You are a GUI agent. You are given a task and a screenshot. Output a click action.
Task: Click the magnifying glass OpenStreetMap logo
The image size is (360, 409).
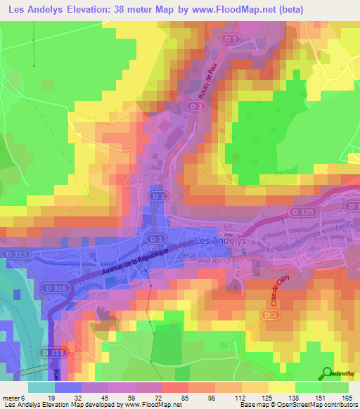pos(328,373)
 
